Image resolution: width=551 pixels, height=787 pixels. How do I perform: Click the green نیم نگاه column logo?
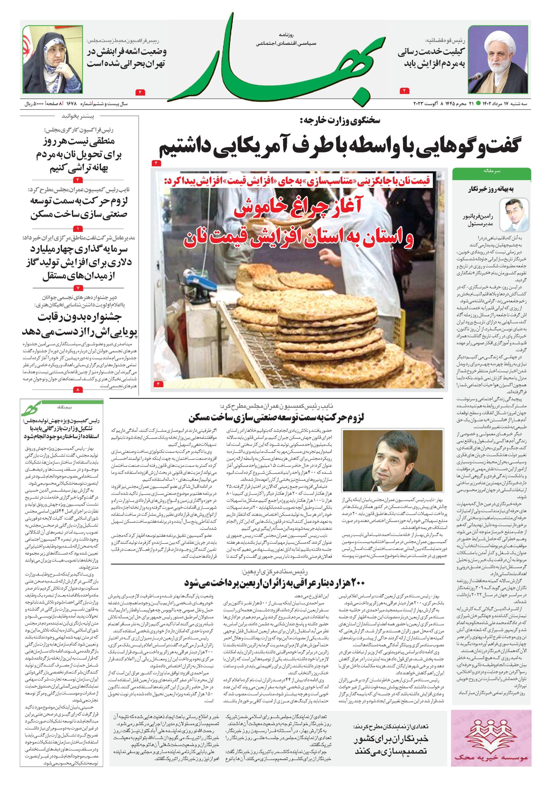point(31,409)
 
